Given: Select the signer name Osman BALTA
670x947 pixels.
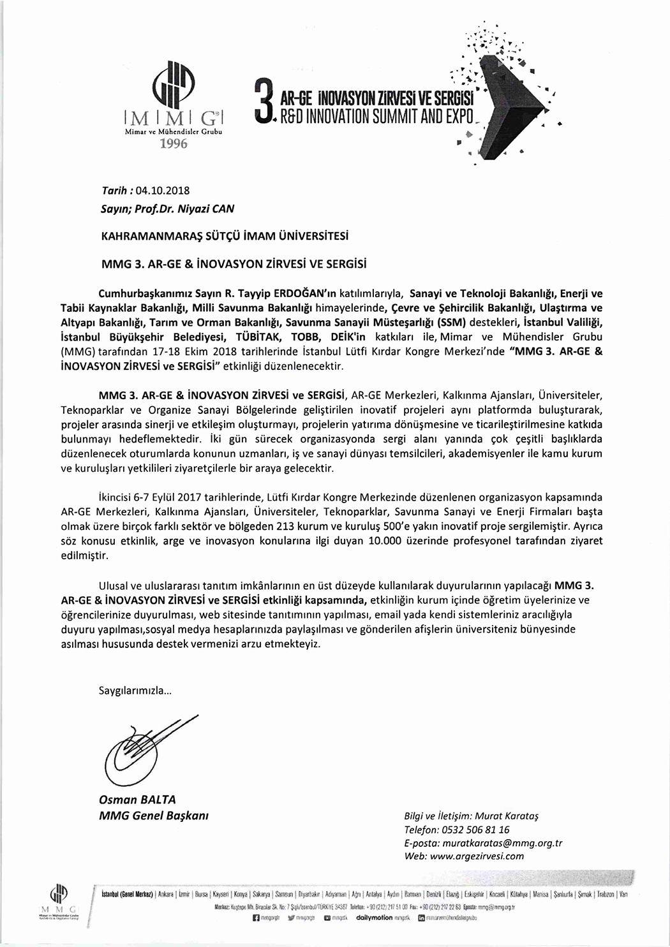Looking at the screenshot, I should [x=137, y=800].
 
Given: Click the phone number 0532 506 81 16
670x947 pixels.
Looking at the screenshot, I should [x=475, y=830].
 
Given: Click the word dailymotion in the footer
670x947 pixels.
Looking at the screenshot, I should [x=374, y=917].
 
